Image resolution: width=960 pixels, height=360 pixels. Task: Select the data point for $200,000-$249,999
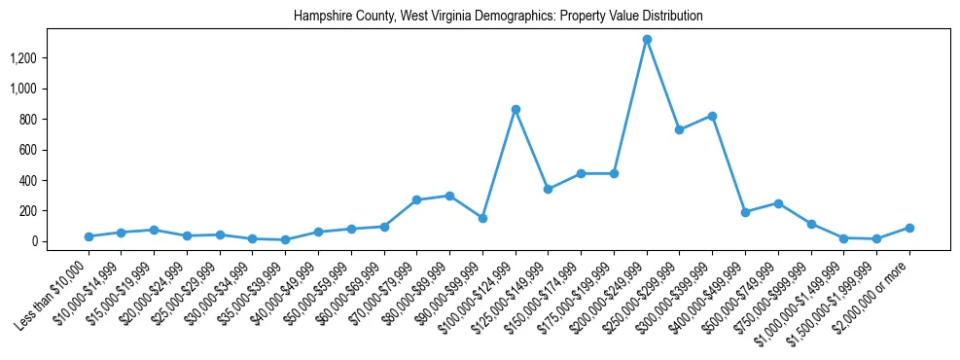[x=647, y=40]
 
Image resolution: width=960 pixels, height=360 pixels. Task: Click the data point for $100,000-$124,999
[x=516, y=109]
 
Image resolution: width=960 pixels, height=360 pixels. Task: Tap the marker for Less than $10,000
[x=89, y=236]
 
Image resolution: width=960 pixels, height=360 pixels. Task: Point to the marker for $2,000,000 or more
[x=909, y=228]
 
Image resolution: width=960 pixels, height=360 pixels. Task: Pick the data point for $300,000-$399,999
[x=713, y=116]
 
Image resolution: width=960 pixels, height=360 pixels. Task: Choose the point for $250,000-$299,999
[x=680, y=129]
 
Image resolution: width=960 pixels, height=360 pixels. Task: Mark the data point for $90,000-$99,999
[x=482, y=218]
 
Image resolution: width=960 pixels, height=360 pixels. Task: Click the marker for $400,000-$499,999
[x=745, y=212]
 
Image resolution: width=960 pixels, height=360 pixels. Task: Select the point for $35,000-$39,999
[x=285, y=239]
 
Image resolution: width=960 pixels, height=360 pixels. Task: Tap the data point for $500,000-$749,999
[x=778, y=203]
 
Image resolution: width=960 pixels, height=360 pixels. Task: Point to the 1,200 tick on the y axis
[x=35, y=58]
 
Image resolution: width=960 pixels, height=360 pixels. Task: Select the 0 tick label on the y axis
[x=46, y=241]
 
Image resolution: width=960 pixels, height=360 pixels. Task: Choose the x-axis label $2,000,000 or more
[x=880, y=283]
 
